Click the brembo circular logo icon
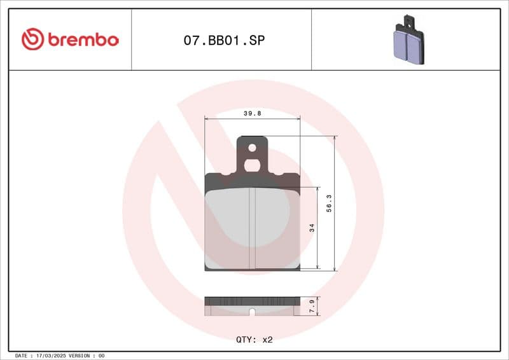(32, 39)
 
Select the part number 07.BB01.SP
(224, 40)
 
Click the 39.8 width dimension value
(253, 113)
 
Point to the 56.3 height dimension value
(329, 204)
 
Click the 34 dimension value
(312, 228)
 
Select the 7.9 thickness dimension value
(311, 307)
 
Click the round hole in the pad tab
(252, 148)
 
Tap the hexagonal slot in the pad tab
(252, 165)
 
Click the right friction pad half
(276, 226)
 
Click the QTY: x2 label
(254, 340)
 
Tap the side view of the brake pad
(252, 306)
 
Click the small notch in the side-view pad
(252, 312)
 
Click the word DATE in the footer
(20, 356)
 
